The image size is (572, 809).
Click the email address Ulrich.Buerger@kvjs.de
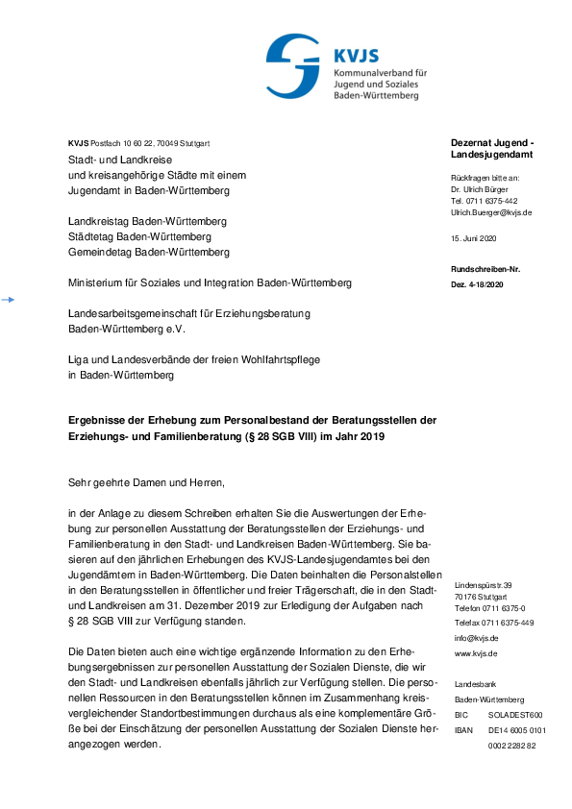tap(491, 212)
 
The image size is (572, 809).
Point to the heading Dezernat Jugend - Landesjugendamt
tap(492, 149)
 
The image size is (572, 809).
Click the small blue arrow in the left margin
tap(8, 301)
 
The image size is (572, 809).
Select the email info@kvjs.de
tap(477, 638)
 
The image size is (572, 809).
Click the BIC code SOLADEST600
tap(515, 715)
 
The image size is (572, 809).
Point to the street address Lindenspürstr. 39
tap(484, 584)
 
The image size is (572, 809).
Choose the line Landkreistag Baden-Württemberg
tap(147, 221)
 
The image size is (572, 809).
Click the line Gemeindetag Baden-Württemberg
tap(148, 252)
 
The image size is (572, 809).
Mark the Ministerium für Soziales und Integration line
tap(210, 283)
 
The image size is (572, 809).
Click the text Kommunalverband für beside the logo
tap(381, 73)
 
